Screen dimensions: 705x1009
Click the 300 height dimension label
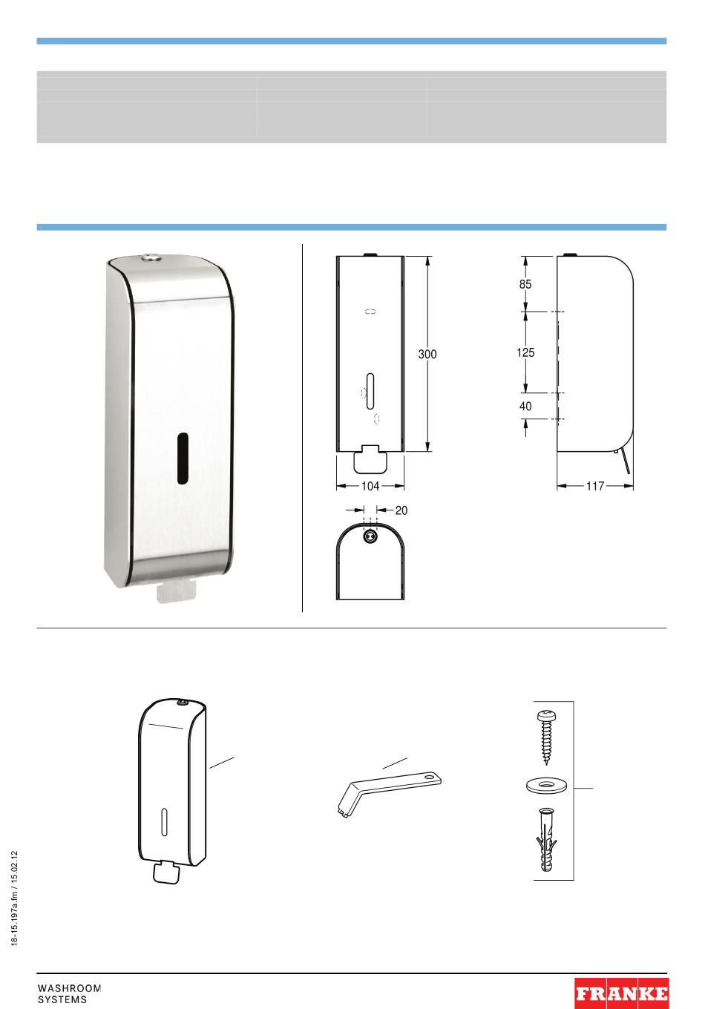(427, 354)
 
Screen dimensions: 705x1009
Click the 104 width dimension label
(370, 486)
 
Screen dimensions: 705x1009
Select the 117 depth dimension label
(595, 486)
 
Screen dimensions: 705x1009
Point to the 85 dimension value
(525, 284)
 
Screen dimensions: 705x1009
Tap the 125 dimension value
(525, 352)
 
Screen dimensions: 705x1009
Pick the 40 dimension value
(525, 407)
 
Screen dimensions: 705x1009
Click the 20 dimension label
(401, 510)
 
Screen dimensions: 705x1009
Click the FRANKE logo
(622, 993)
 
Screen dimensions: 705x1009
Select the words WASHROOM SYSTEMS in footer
(69, 993)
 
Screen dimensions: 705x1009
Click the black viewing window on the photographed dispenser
(183, 459)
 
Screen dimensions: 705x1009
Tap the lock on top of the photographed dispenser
(152, 258)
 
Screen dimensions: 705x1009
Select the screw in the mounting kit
(547, 737)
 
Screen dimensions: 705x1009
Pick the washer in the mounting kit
(546, 786)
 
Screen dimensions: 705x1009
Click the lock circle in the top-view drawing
(370, 536)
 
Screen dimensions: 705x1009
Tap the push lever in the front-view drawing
(370, 459)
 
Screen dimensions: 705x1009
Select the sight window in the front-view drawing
(370, 391)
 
